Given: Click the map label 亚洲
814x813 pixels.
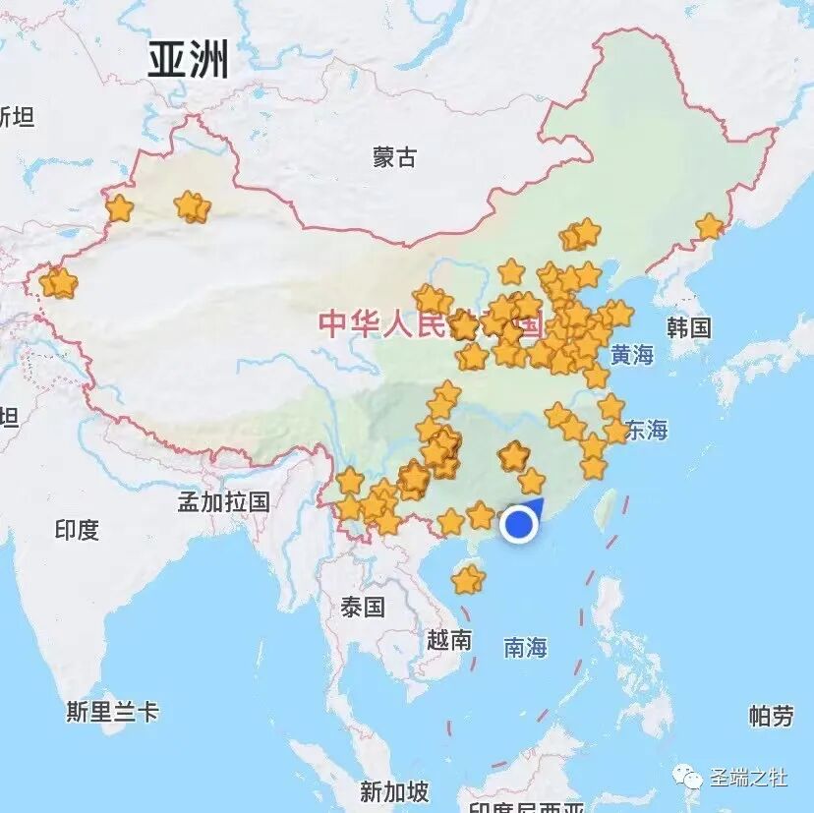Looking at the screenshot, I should [x=188, y=60].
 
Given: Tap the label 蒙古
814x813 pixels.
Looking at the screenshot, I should [x=394, y=156].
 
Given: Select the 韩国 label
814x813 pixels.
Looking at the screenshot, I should [x=688, y=327].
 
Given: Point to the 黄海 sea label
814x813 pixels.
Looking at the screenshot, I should [x=631, y=355].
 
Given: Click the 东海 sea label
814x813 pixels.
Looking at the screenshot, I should [x=646, y=430].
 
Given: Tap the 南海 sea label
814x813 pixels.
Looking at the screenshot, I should [x=525, y=647].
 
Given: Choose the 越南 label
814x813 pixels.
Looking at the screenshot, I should [x=449, y=640].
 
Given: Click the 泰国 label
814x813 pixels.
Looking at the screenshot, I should [x=363, y=607].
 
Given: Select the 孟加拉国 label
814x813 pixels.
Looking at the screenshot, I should [x=223, y=501].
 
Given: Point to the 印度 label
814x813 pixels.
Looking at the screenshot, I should [x=77, y=530].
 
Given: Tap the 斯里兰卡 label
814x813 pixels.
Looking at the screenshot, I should [x=112, y=712].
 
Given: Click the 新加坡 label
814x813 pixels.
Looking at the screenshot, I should [x=393, y=790].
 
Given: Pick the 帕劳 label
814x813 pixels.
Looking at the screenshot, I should [x=771, y=716].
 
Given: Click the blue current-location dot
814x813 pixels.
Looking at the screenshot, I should [x=518, y=525].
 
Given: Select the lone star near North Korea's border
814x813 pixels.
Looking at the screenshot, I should [x=709, y=227].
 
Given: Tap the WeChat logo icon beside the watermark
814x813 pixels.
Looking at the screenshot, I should [x=694, y=779].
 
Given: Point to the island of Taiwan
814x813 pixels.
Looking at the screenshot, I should [x=607, y=507].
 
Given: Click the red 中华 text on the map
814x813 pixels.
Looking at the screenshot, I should [x=349, y=323].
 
